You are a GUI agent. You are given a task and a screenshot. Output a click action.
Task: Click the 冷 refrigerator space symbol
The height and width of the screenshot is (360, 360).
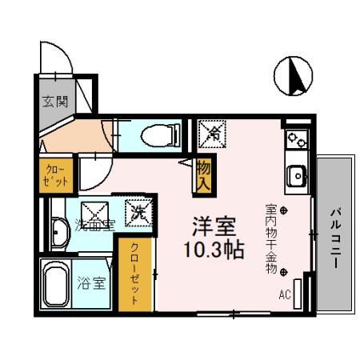[x=211, y=132]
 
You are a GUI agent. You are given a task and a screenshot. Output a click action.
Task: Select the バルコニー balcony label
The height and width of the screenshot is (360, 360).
[x=334, y=236]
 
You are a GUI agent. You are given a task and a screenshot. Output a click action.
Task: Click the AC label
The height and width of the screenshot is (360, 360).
[x=285, y=294]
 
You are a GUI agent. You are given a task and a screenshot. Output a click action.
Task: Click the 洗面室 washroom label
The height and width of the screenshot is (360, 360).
[x=93, y=225]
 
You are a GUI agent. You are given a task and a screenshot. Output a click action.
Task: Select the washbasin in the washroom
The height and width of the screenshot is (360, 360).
[x=59, y=232]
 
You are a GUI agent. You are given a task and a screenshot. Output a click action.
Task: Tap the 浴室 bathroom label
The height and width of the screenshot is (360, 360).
[x=90, y=282]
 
